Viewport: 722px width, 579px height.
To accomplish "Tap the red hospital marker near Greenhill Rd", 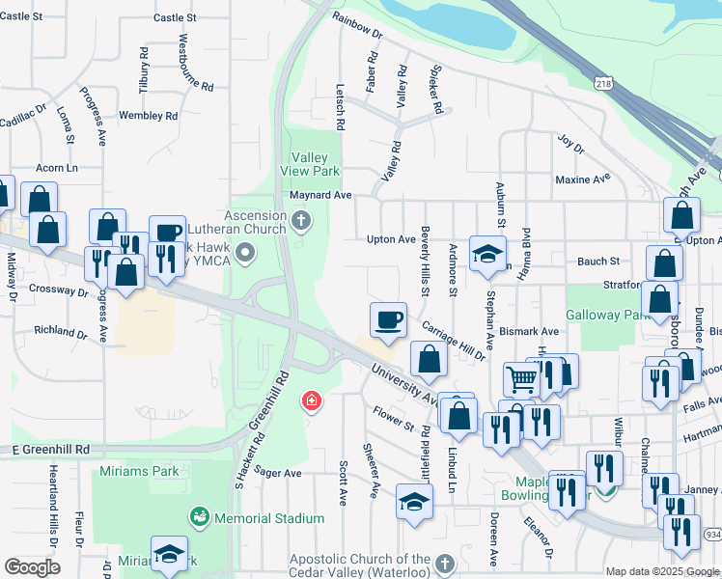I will point(311,400).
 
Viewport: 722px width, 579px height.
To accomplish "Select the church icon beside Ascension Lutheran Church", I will point(301,222).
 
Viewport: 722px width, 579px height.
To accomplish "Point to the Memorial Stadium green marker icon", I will point(200,518).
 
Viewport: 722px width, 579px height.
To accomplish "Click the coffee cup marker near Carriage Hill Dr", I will point(389,319).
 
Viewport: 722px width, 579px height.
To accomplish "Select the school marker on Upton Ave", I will point(487,254).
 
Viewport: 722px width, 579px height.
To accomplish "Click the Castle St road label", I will point(174,17).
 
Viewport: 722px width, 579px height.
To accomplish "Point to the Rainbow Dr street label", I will point(357,24).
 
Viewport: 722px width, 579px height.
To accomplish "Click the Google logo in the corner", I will point(31,567).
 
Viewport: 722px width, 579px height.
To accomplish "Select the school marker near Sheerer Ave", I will point(415,502).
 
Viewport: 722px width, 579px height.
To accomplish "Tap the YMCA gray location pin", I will point(246,254).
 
